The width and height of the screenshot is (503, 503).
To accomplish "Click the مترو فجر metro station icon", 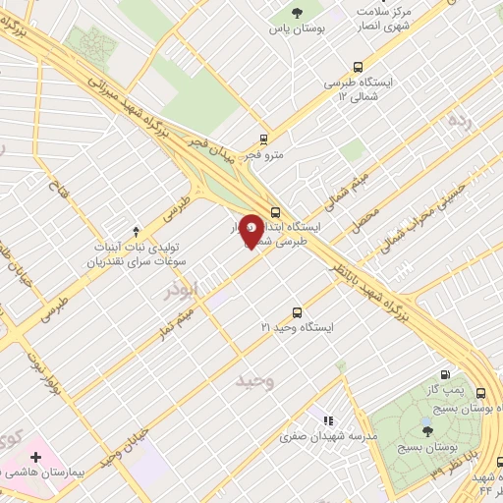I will coord(262,139).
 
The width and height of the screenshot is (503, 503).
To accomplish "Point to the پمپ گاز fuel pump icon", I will coord(447,373).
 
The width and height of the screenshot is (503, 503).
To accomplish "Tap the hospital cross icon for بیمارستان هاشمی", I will coord(36,457).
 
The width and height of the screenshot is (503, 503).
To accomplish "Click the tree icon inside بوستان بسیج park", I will coord(426,428).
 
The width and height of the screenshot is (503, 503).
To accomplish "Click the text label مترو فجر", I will coord(262,155).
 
